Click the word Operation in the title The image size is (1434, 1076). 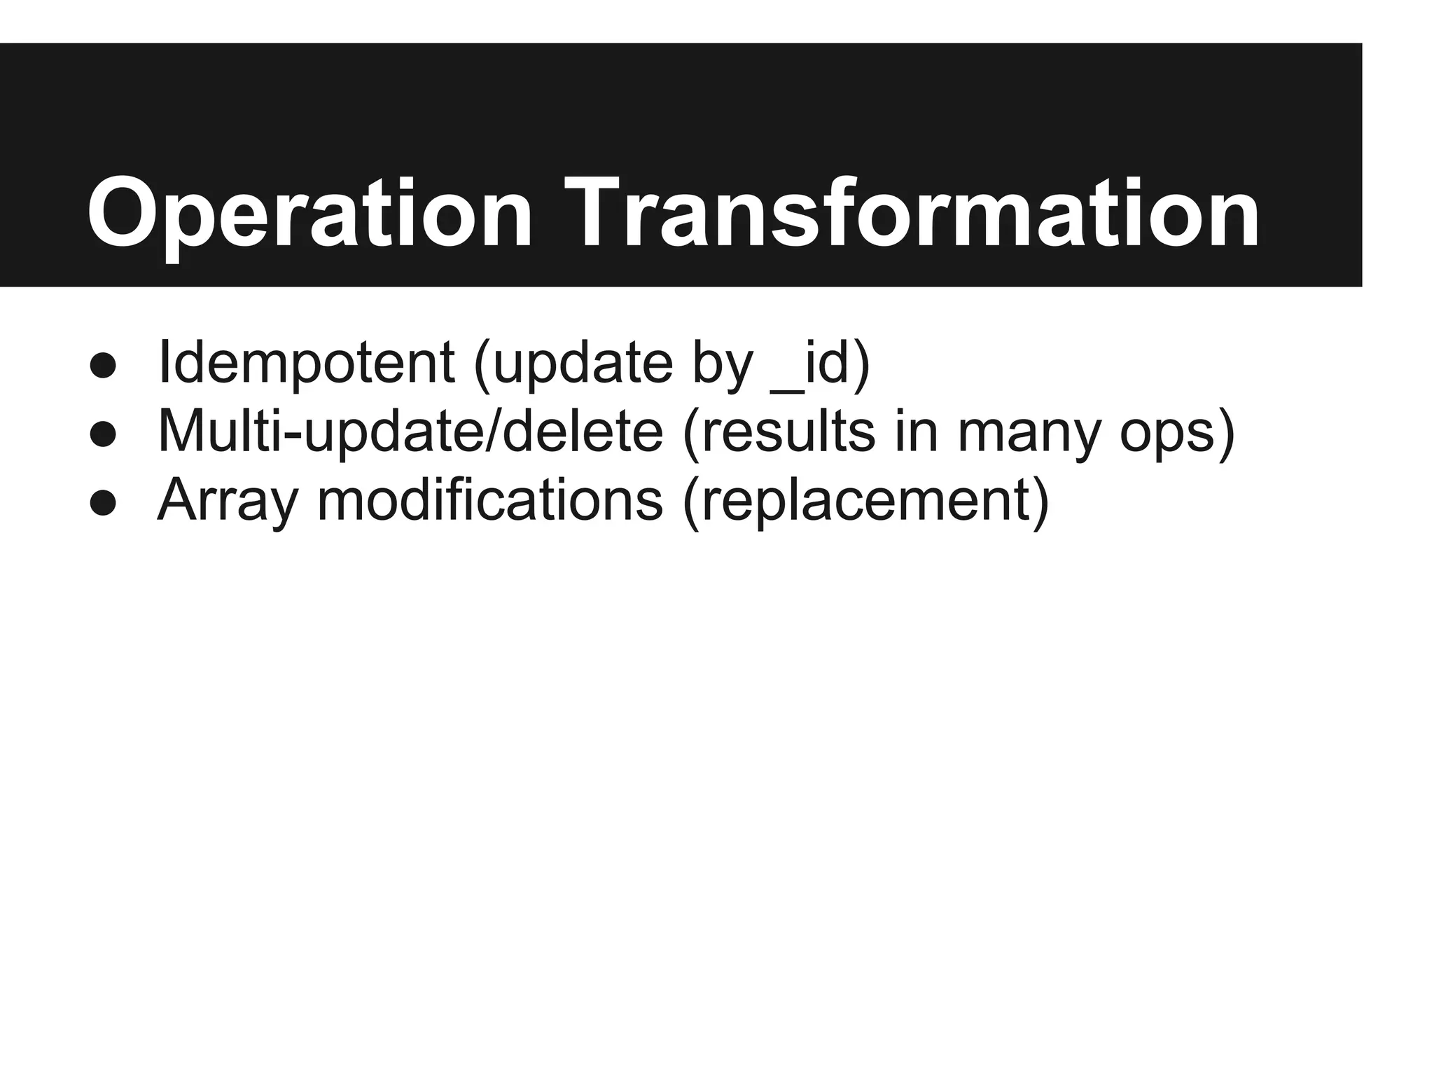click(x=309, y=214)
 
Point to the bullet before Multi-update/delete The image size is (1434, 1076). click(x=103, y=434)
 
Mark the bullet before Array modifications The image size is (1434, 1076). click(x=103, y=503)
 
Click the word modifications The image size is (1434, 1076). click(x=490, y=500)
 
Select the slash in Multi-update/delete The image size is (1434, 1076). click(x=487, y=432)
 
